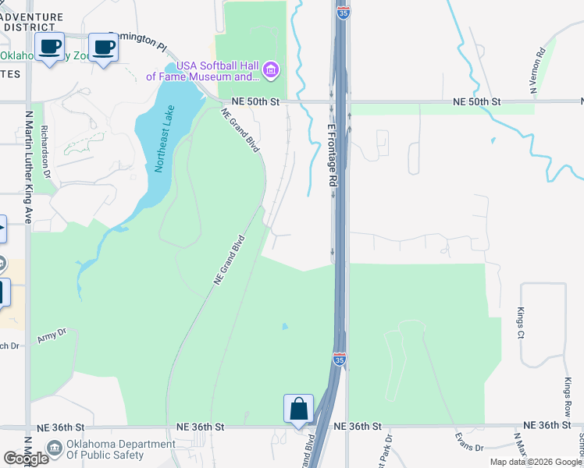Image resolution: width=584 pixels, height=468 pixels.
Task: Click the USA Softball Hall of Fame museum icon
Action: [271, 71]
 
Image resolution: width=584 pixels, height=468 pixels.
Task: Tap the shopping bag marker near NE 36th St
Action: [298, 408]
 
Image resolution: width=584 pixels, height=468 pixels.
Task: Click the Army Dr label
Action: [52, 336]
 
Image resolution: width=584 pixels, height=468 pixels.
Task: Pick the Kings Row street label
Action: [568, 398]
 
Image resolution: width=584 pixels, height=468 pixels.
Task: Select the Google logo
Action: [26, 458]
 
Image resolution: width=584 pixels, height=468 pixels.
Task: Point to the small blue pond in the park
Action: [285, 326]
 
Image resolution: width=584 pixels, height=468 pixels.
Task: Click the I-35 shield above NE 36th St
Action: [339, 359]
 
